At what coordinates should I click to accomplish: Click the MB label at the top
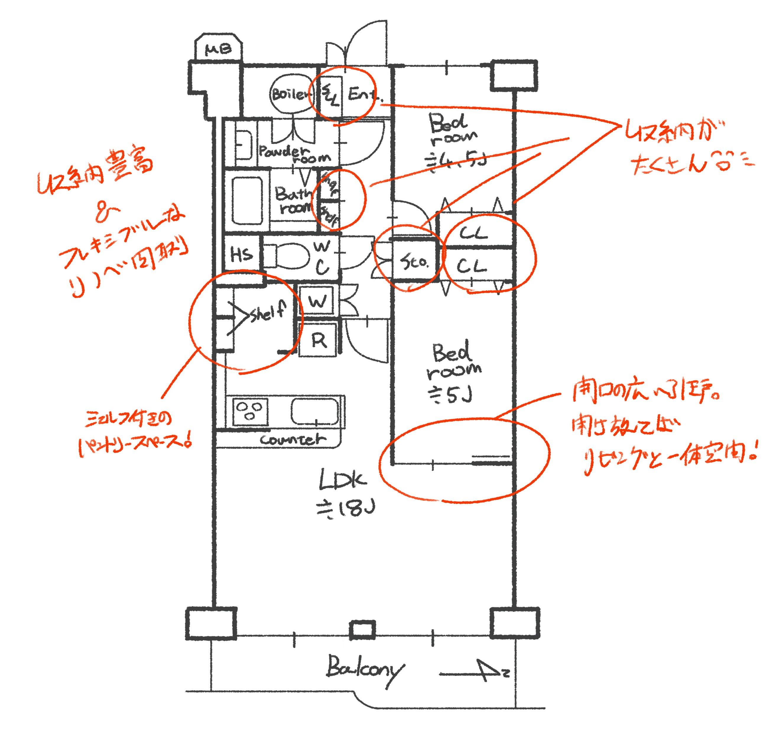click(218, 50)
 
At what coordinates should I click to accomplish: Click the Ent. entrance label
click(363, 94)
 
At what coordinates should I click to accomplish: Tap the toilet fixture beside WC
click(287, 256)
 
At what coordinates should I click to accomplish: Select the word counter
click(292, 439)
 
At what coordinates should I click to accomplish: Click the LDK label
click(342, 482)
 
